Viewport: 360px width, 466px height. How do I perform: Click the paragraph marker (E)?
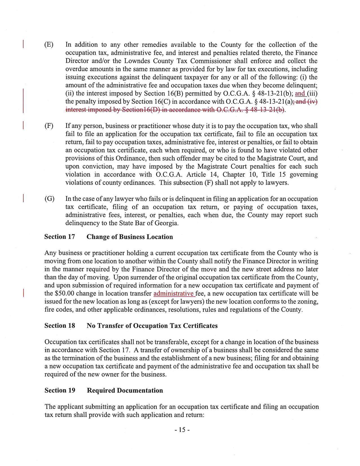pyautogui.click(x=49, y=45)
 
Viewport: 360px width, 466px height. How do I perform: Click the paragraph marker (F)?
pyautogui.click(x=49, y=126)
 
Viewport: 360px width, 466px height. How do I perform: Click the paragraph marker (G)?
pyautogui.click(x=49, y=199)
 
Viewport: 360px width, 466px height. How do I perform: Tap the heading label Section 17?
pyautogui.click(x=60, y=237)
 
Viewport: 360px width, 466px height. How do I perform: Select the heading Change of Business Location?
pyautogui.click(x=130, y=237)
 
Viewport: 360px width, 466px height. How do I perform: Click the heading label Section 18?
pyautogui.click(x=60, y=326)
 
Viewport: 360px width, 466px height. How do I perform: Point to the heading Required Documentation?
pyautogui.click(x=125, y=390)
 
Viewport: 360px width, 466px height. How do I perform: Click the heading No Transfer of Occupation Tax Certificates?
pyautogui.click(x=152, y=326)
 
